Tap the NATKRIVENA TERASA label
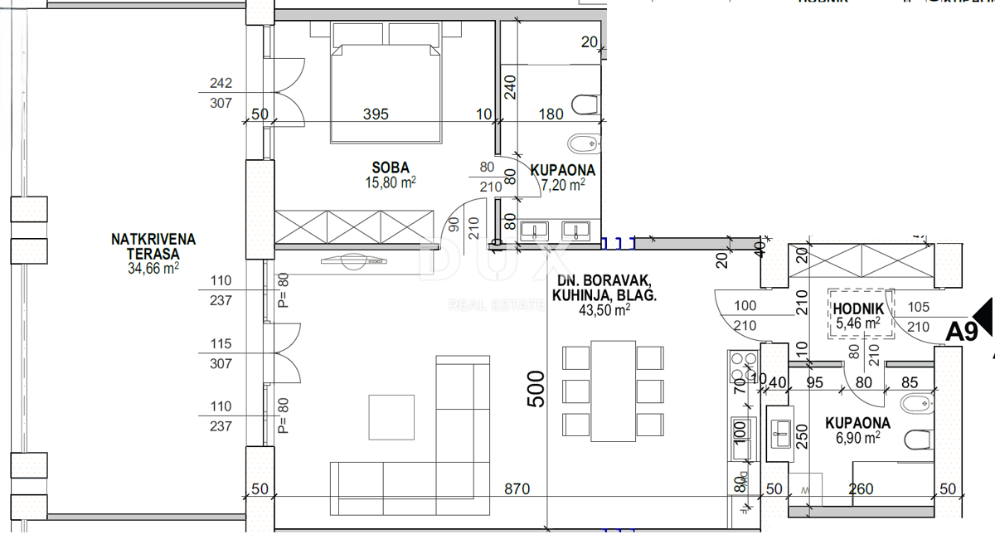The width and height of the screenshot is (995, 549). pos(153,246)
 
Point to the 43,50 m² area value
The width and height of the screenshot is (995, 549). pos(604,310)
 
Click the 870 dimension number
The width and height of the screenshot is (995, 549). pos(516,489)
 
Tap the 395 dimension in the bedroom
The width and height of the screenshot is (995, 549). pos(376,114)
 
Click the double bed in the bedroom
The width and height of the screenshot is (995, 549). pos(382,83)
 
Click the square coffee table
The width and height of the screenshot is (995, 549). pos(391,417)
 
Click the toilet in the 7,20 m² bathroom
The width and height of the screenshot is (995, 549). pos(585,104)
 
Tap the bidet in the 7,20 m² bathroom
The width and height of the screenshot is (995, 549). pos(585,143)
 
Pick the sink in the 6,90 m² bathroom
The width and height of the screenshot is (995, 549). pos(780,428)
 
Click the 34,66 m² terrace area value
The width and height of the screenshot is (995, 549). pos(153,268)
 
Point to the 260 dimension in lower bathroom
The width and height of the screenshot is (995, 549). pos(861,489)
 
